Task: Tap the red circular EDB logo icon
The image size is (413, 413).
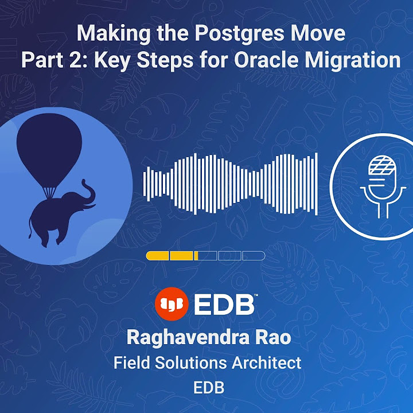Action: click(171, 305)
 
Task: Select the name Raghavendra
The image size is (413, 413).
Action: click(181, 338)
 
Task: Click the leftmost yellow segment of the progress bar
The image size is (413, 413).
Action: click(157, 256)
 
